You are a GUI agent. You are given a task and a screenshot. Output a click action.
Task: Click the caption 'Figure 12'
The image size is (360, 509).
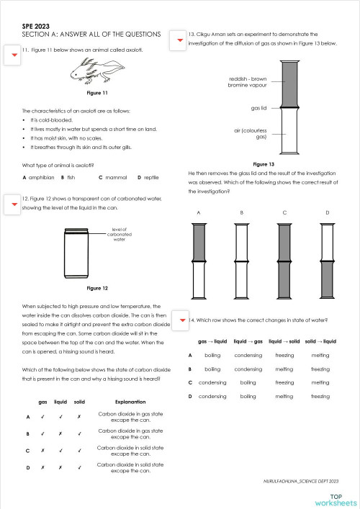(96, 288)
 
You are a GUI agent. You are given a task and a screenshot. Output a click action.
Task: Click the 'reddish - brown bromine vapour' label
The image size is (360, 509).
(248, 81)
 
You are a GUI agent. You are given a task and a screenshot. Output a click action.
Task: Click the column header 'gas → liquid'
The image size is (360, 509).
(212, 341)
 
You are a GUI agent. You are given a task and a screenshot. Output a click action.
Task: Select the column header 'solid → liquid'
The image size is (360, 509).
(320, 341)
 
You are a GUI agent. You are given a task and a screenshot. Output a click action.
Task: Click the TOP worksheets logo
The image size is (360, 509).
(335, 499)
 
